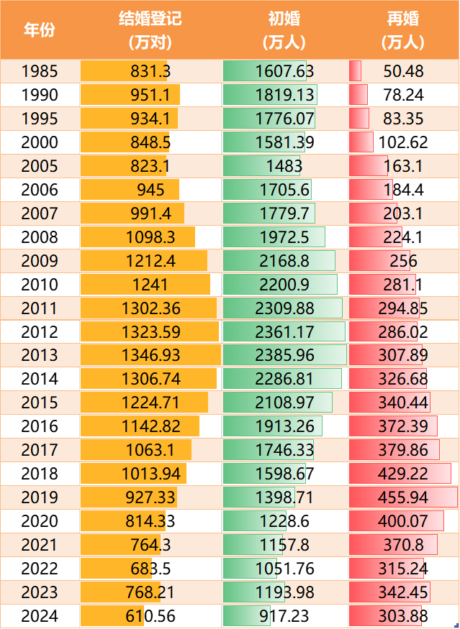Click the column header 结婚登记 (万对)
(x=150, y=29)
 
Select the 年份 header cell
(x=40, y=29)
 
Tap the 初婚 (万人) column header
(x=284, y=29)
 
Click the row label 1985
(x=40, y=71)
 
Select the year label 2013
(x=40, y=355)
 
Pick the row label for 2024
(x=40, y=616)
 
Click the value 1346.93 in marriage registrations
(x=150, y=355)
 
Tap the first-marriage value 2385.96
(x=284, y=355)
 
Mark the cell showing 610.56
(x=150, y=616)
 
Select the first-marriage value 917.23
(x=284, y=616)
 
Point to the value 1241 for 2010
(x=150, y=284)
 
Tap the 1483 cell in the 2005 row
(x=284, y=166)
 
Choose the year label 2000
(x=40, y=142)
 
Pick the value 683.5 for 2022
(x=150, y=569)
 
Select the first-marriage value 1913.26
(x=284, y=426)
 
